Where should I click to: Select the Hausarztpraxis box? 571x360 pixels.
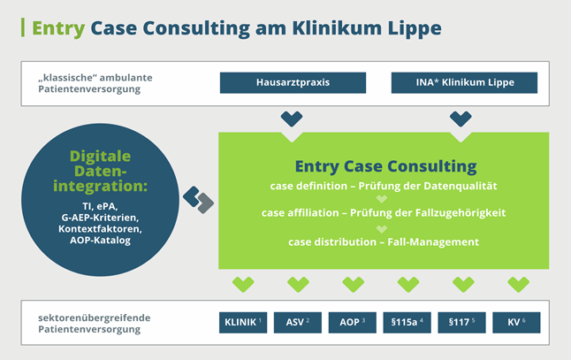pyautogui.click(x=293, y=83)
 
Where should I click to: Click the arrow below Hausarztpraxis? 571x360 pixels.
pyautogui.click(x=292, y=118)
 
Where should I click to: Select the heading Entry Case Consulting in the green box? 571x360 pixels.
pyautogui.click(x=384, y=166)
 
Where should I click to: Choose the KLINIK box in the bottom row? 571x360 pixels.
pyautogui.click(x=243, y=323)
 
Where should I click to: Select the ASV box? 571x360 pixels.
pyautogui.click(x=298, y=323)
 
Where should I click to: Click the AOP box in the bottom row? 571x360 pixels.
pyautogui.click(x=353, y=323)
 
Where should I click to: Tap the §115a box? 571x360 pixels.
pyautogui.click(x=407, y=323)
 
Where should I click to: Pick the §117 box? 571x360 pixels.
pyautogui.click(x=462, y=323)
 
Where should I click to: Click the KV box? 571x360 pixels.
pyautogui.click(x=516, y=323)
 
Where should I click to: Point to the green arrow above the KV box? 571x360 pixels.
pyautogui.click(x=518, y=284)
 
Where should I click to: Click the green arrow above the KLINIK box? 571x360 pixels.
pyautogui.click(x=243, y=284)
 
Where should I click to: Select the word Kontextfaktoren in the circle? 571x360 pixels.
pyautogui.click(x=88, y=229)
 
